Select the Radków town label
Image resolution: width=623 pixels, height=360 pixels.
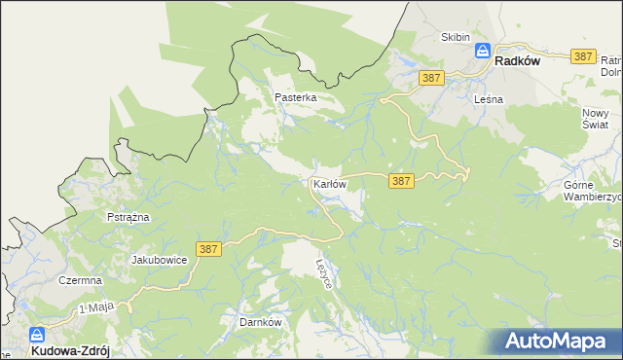coord(517,60)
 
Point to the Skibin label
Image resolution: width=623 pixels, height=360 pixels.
coord(455,37)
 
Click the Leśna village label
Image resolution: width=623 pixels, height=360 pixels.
coord(487,99)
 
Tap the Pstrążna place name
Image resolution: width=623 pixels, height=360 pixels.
coord(128,217)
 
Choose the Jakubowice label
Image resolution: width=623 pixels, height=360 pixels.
coord(159,260)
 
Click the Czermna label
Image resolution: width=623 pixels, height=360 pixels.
coord(80,280)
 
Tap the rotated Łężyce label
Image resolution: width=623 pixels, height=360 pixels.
coord(325,272)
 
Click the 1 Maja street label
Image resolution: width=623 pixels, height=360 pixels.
coord(95,307)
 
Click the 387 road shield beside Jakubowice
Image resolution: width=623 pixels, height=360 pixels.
coord(208,250)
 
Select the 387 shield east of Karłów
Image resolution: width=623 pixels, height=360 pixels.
coord(401,181)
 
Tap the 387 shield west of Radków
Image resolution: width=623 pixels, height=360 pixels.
coord(431,76)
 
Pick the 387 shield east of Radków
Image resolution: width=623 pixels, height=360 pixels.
coord(583,56)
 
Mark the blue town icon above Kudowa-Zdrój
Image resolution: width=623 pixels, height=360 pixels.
coord(36,334)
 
